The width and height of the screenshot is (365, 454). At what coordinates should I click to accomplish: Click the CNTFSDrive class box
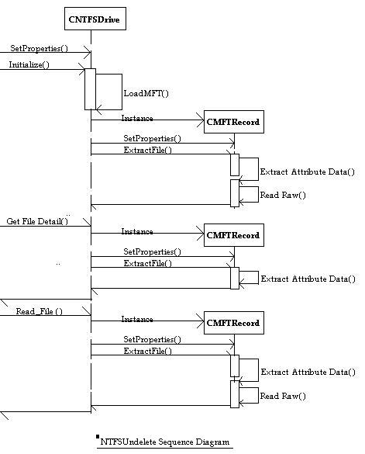pos(95,19)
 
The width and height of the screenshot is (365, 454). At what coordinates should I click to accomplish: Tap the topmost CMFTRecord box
pos(234,122)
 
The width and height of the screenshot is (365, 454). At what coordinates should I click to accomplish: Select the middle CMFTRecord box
pos(234,235)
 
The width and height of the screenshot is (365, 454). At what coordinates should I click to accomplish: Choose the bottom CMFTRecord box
pos(234,323)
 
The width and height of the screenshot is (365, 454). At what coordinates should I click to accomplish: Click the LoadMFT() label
pos(146,93)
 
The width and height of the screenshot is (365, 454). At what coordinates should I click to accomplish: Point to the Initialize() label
pos(29,64)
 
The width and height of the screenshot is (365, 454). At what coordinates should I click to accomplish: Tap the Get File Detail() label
pos(37,221)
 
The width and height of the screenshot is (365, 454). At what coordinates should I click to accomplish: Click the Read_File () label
pos(39,311)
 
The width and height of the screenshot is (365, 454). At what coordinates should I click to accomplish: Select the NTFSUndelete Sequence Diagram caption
pos(164,442)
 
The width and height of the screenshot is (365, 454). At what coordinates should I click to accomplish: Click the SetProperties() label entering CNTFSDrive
pos(39,48)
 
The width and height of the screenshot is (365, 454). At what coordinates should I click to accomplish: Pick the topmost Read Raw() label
pos(283,195)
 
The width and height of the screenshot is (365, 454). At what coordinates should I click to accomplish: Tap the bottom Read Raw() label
pos(283,396)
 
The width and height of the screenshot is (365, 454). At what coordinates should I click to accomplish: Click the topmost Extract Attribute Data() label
pos(307,172)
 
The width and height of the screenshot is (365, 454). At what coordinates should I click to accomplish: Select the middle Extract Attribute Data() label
pos(308,279)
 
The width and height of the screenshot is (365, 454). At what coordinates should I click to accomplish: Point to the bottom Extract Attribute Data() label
pos(308,372)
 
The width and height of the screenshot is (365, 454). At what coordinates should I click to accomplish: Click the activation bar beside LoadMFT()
pos(90,89)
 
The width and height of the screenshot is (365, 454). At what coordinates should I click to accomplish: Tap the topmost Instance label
pos(137,118)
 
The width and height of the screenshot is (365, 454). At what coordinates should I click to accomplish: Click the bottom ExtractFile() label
pos(147,352)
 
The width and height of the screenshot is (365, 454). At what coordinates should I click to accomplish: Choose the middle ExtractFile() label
pos(147,264)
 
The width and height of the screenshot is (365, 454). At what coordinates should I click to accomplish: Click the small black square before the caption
pos(98,437)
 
